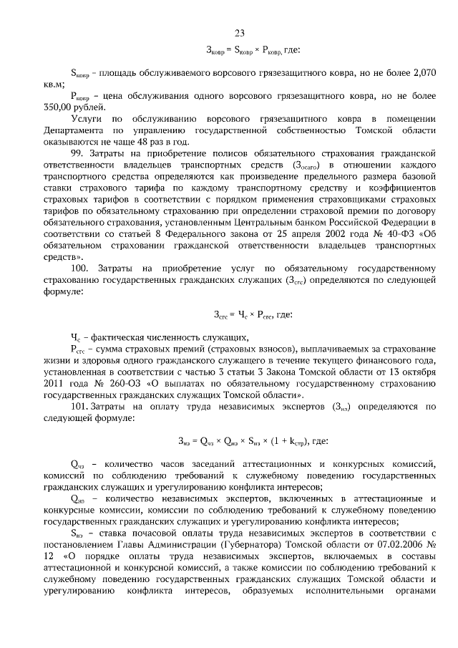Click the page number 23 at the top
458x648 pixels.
[240, 32]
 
